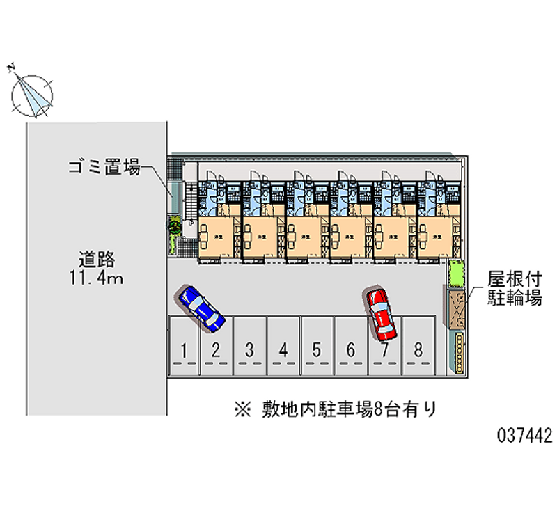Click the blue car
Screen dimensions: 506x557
(202, 306)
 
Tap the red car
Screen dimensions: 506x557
(381, 314)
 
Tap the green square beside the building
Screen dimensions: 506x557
(456, 272)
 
